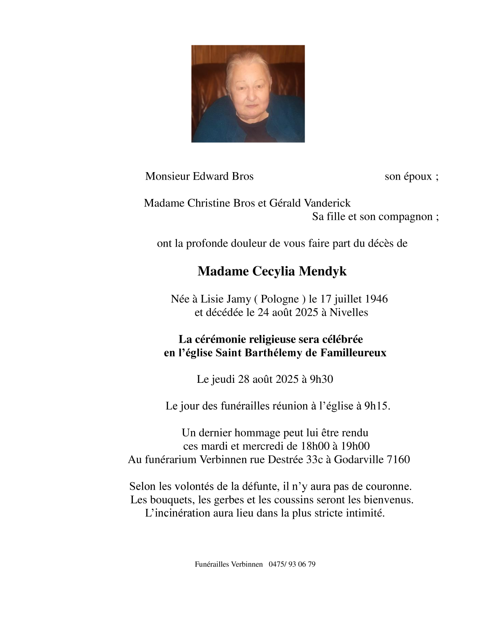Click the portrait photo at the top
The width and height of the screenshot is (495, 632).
[x=248, y=93]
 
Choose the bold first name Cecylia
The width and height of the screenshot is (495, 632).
[x=273, y=271]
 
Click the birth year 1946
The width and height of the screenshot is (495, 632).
[x=376, y=299]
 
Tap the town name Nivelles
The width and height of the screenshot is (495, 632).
[x=349, y=312]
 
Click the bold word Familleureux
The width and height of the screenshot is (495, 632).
[x=353, y=353]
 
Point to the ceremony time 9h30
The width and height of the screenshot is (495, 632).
[x=321, y=379]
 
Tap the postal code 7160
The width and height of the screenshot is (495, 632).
[x=399, y=459]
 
